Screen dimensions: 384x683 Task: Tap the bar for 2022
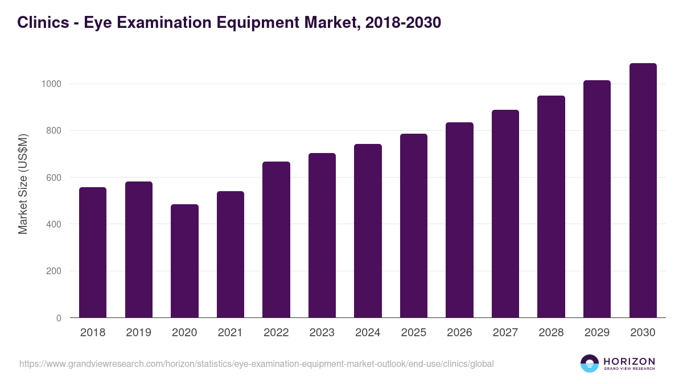pyautogui.click(x=276, y=240)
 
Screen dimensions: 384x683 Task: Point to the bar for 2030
pyautogui.click(x=643, y=190)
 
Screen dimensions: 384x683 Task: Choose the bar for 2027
pyautogui.click(x=505, y=213)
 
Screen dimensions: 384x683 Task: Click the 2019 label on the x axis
pyautogui.click(x=138, y=333)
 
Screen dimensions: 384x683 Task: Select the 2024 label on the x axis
pyautogui.click(x=368, y=333)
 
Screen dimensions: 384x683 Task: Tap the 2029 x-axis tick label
pyautogui.click(x=597, y=333)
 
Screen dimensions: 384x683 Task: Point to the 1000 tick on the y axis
pyautogui.click(x=51, y=84)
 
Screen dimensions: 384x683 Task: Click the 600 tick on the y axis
pyautogui.click(x=53, y=177)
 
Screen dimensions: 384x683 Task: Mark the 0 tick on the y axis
pyautogui.click(x=58, y=318)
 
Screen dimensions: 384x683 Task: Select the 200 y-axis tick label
pyautogui.click(x=53, y=271)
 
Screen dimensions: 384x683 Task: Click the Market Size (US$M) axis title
pyautogui.click(x=23, y=184)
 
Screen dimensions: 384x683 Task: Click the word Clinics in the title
pyautogui.click(x=40, y=22)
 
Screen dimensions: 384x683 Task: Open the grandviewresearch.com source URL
pyautogui.click(x=256, y=364)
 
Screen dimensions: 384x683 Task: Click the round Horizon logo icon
pyautogui.click(x=589, y=364)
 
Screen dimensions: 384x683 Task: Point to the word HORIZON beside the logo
pyautogui.click(x=629, y=361)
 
